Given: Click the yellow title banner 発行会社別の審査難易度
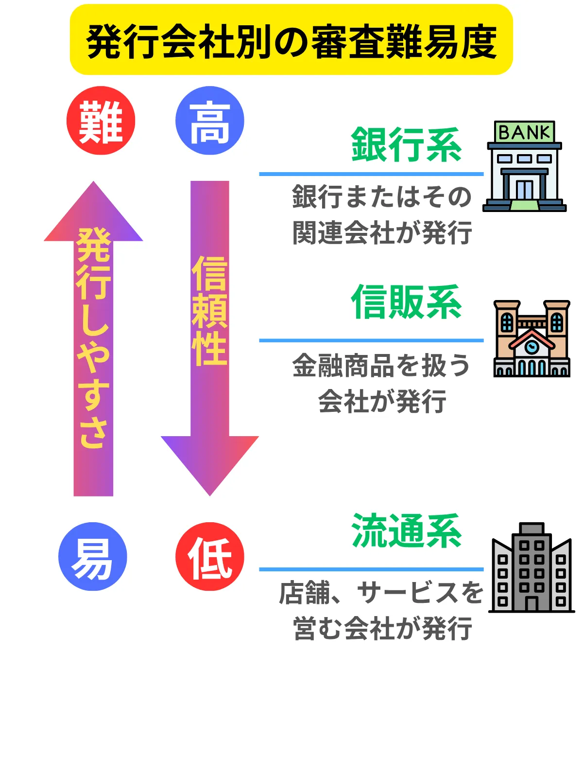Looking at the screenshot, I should pyautogui.click(x=291, y=40).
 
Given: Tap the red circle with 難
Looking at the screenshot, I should pyautogui.click(x=101, y=121).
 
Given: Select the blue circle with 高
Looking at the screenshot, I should pyautogui.click(x=209, y=121).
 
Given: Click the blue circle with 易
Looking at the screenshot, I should pyautogui.click(x=92, y=557).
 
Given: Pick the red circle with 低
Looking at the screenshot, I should pyautogui.click(x=209, y=557).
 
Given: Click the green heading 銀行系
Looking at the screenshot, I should pyautogui.click(x=406, y=144).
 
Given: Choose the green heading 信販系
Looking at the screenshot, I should pyautogui.click(x=406, y=302).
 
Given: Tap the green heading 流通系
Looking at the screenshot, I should pyautogui.click(x=406, y=531).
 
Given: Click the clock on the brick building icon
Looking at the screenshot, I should pyautogui.click(x=532, y=346).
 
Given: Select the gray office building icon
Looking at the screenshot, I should pyautogui.click(x=532, y=569).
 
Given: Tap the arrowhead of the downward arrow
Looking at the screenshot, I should pyautogui.click(x=209, y=462).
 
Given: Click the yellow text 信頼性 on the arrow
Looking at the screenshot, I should pyautogui.click(x=209, y=311).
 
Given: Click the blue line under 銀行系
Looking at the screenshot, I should pyautogui.click(x=371, y=174).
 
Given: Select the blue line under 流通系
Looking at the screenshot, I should pyautogui.click(x=371, y=569).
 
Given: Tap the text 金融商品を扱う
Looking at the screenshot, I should pyautogui.click(x=381, y=366).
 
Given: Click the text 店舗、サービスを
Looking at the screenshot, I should pyautogui.click(x=381, y=593).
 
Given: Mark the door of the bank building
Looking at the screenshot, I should pyautogui.click(x=524, y=190).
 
